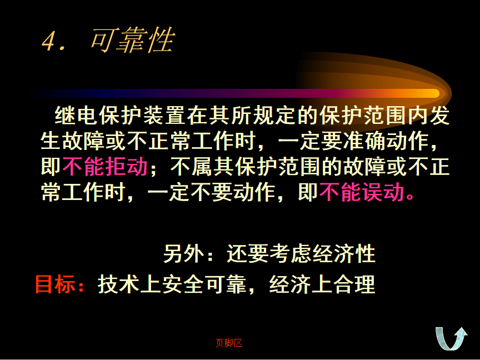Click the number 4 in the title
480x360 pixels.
pos(49,41)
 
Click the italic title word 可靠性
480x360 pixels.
pos(133,40)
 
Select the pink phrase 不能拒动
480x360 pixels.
pos(105,167)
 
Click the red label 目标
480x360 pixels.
pos(56,284)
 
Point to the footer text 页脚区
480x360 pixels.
pos(229,343)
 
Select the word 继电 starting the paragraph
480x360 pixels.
pos(76,116)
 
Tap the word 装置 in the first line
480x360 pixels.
pos(164,116)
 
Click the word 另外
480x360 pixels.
pos(184,253)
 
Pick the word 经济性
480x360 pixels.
pos(344,253)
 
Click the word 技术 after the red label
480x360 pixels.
pos(119,284)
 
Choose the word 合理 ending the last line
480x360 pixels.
pos(354,284)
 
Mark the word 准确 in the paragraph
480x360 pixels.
pos(364,141)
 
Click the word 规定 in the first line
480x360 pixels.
pos(274,116)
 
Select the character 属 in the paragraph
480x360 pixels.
pos(202,167)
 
